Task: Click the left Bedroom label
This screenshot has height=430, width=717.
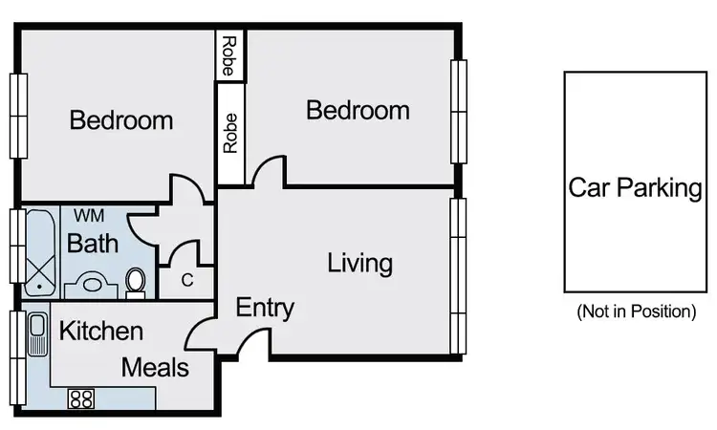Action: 121,121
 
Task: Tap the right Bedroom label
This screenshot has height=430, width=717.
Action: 358,110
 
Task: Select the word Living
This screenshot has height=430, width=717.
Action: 360,262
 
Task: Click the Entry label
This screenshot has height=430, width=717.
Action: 265,309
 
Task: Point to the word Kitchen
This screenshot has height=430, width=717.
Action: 101,332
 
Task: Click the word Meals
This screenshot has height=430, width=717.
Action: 155,367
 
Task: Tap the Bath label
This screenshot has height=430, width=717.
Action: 93,244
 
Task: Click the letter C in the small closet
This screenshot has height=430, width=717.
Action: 187,281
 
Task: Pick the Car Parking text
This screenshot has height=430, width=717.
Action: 635,187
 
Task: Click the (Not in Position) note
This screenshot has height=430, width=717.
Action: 636,312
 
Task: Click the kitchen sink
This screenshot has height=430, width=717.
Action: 38,335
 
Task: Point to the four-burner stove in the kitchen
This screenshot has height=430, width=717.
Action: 80,398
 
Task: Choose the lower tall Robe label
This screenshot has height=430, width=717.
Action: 230,134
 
